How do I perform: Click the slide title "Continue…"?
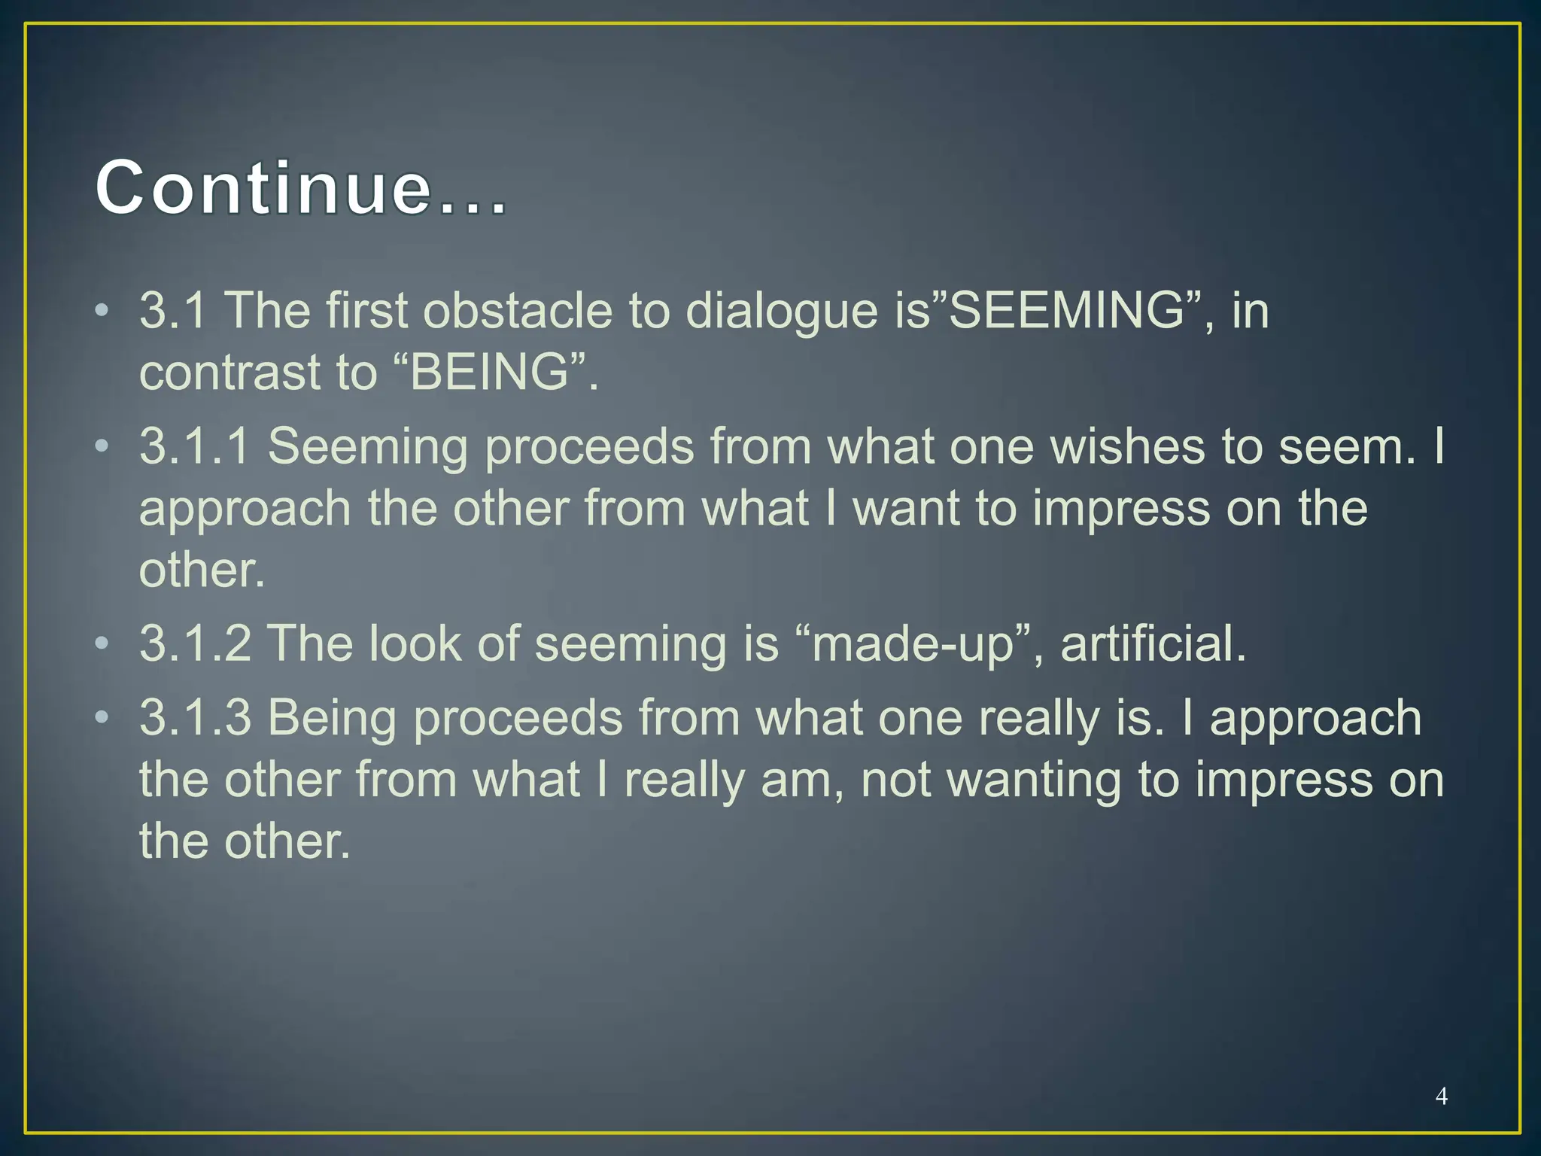[301, 188]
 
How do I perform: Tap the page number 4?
[1441, 1096]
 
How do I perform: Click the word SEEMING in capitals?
[1067, 310]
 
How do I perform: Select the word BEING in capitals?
[489, 372]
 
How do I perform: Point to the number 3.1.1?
[195, 446]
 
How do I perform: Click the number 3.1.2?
[195, 643]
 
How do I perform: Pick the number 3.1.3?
[195, 717]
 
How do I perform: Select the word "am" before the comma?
[799, 780]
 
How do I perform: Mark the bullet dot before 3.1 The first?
[102, 310]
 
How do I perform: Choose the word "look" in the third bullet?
[415, 643]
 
